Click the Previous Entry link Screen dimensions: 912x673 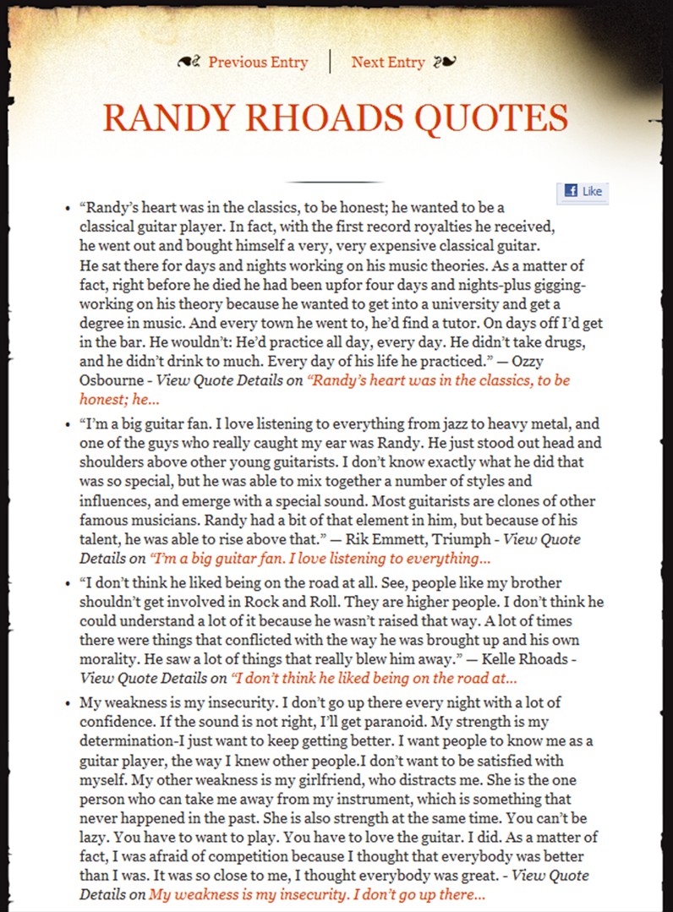point(258,62)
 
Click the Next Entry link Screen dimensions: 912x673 point(388,62)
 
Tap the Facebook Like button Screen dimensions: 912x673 point(583,191)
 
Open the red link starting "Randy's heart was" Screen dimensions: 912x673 point(440,380)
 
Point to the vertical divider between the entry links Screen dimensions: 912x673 point(330,62)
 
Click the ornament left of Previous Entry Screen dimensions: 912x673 point(189,62)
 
